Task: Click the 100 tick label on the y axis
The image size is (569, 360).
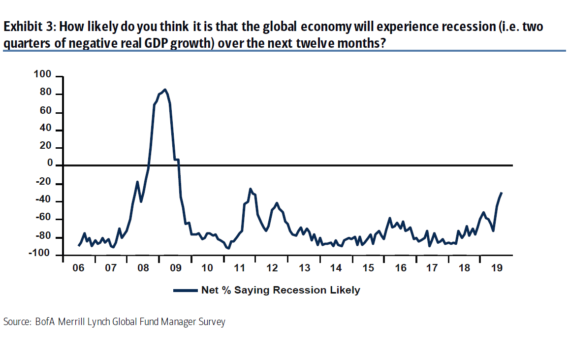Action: click(x=43, y=75)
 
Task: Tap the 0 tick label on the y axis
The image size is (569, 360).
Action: click(x=50, y=164)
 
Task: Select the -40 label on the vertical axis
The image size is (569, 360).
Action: click(x=43, y=201)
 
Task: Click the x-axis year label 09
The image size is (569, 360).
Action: click(x=175, y=268)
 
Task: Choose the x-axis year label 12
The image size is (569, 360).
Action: click(x=272, y=268)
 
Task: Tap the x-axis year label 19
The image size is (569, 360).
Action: click(x=497, y=268)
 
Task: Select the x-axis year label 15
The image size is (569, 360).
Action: click(x=368, y=268)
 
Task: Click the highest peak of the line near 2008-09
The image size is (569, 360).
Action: click(x=164, y=90)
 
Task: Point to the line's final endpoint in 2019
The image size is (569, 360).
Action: click(x=502, y=193)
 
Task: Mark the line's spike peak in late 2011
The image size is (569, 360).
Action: click(x=250, y=189)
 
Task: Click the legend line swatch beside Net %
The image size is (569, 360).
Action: click(x=186, y=291)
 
